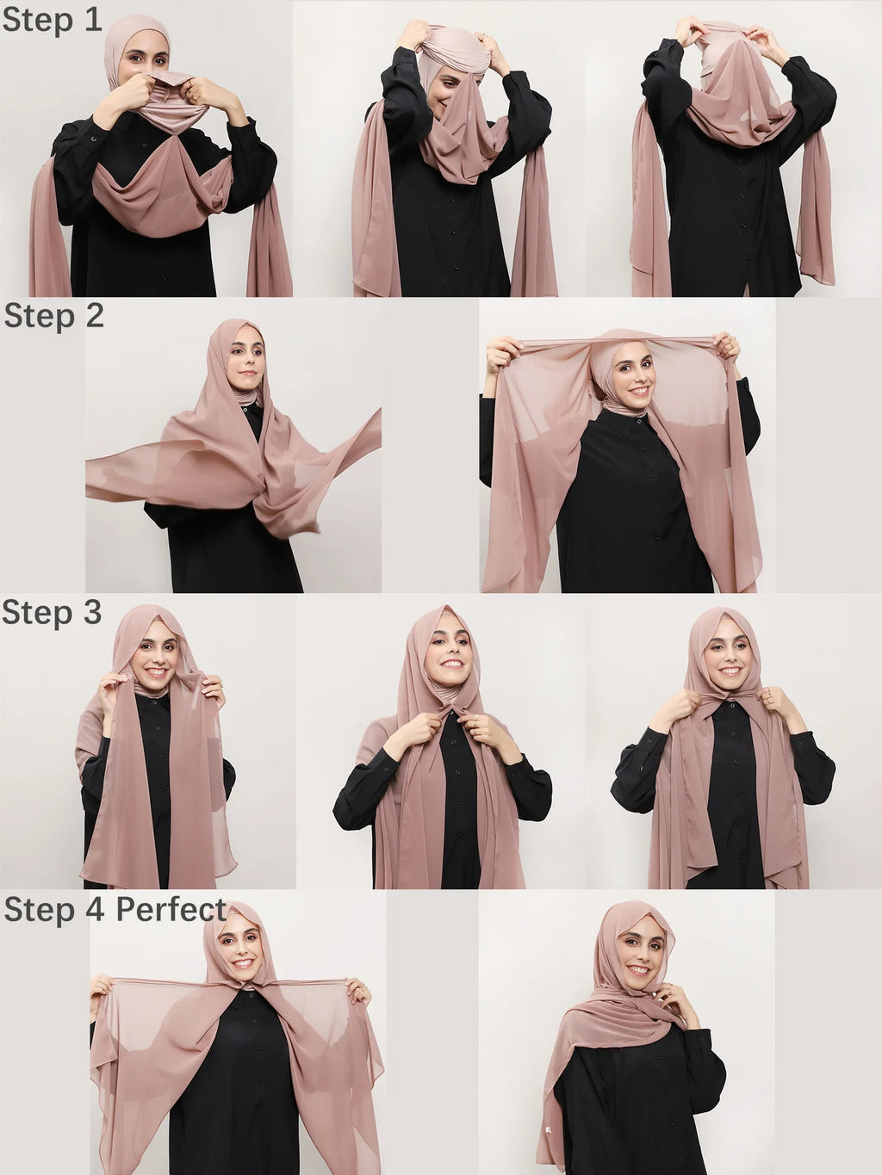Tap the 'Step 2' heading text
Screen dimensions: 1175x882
[53, 316]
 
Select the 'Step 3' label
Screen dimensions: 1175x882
[52, 613]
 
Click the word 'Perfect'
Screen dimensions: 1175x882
[171, 909]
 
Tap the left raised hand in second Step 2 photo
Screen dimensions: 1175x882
[503, 354]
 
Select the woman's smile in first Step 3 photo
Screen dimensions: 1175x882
[157, 671]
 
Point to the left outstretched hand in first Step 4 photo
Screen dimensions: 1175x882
[102, 989]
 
